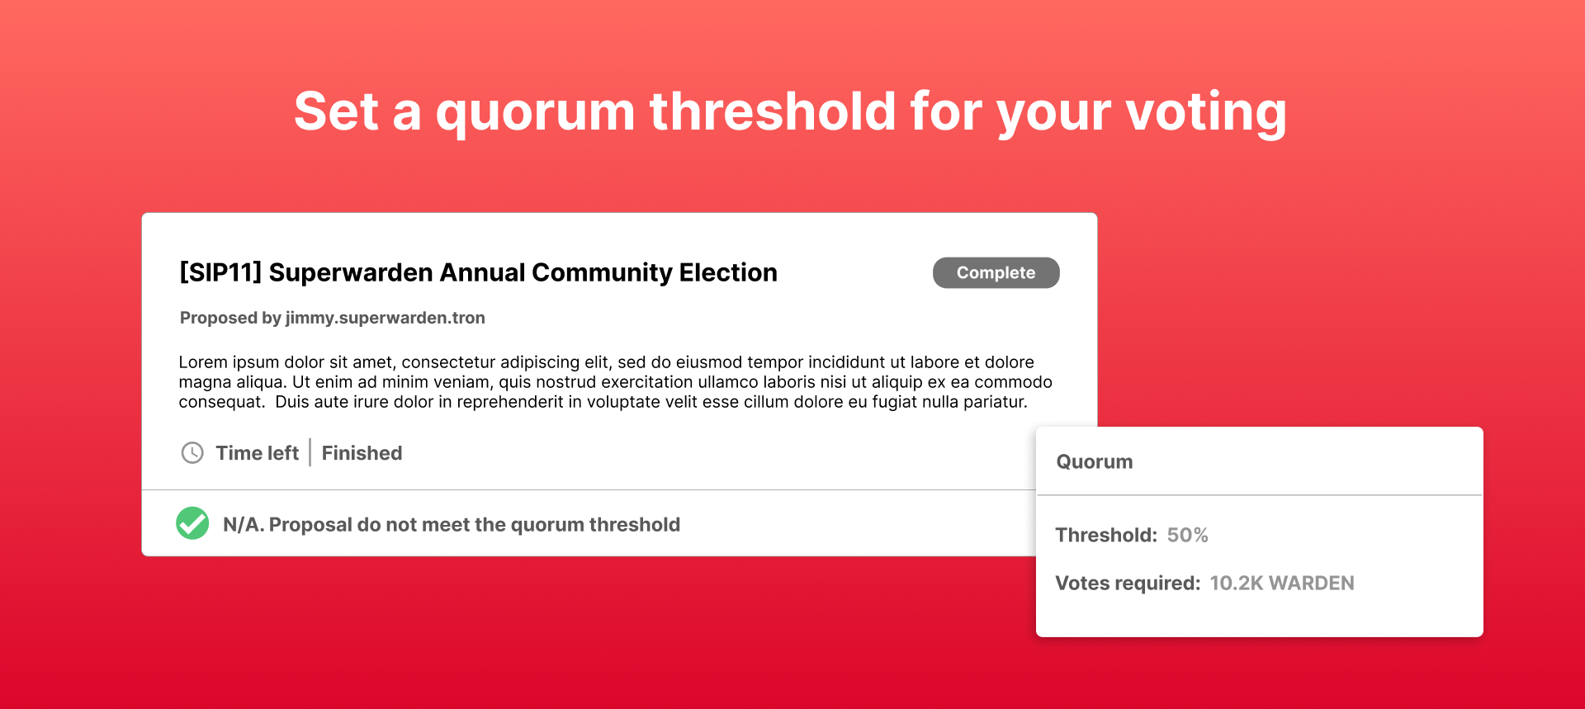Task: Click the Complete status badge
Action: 996,273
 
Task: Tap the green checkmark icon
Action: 192,523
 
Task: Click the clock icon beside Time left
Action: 192,453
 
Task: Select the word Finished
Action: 362,453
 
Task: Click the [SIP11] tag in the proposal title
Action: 220,272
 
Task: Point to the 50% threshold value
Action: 1187,535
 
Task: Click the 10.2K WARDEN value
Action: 1281,584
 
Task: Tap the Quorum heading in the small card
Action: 1095,462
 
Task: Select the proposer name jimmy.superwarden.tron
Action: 385,318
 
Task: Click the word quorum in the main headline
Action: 535,113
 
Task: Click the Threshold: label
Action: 1106,535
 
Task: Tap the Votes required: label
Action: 1128,584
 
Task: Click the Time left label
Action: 257,453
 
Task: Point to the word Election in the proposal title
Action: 728,272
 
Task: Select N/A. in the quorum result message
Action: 244,525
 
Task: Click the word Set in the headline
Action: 336,111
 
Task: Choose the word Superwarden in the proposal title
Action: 351,272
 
